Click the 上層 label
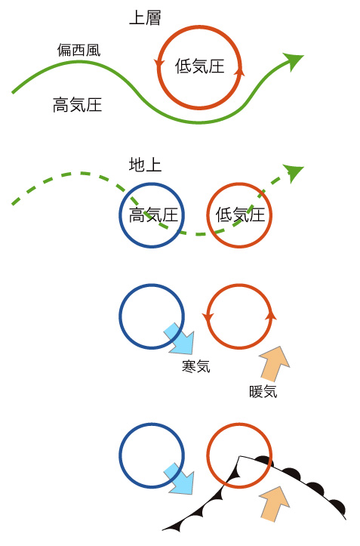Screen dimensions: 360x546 click(x=145, y=18)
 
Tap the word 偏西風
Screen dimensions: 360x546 click(x=78, y=50)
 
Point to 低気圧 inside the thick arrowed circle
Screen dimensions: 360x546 click(x=199, y=66)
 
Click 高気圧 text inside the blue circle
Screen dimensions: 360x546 click(x=153, y=214)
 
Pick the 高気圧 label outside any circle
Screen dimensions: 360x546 click(x=77, y=104)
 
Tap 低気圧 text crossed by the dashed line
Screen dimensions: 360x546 click(x=240, y=214)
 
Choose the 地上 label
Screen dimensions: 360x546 click(x=145, y=165)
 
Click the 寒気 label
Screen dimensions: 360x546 click(x=196, y=366)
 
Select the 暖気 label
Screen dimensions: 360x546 click(x=263, y=391)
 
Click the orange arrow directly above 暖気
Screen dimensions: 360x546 click(x=275, y=364)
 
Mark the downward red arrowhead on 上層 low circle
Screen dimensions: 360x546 click(x=160, y=63)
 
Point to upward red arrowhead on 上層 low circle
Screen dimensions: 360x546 click(x=239, y=70)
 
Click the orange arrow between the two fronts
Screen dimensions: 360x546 click(x=275, y=504)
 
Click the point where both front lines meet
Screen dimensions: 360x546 click(x=238, y=456)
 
